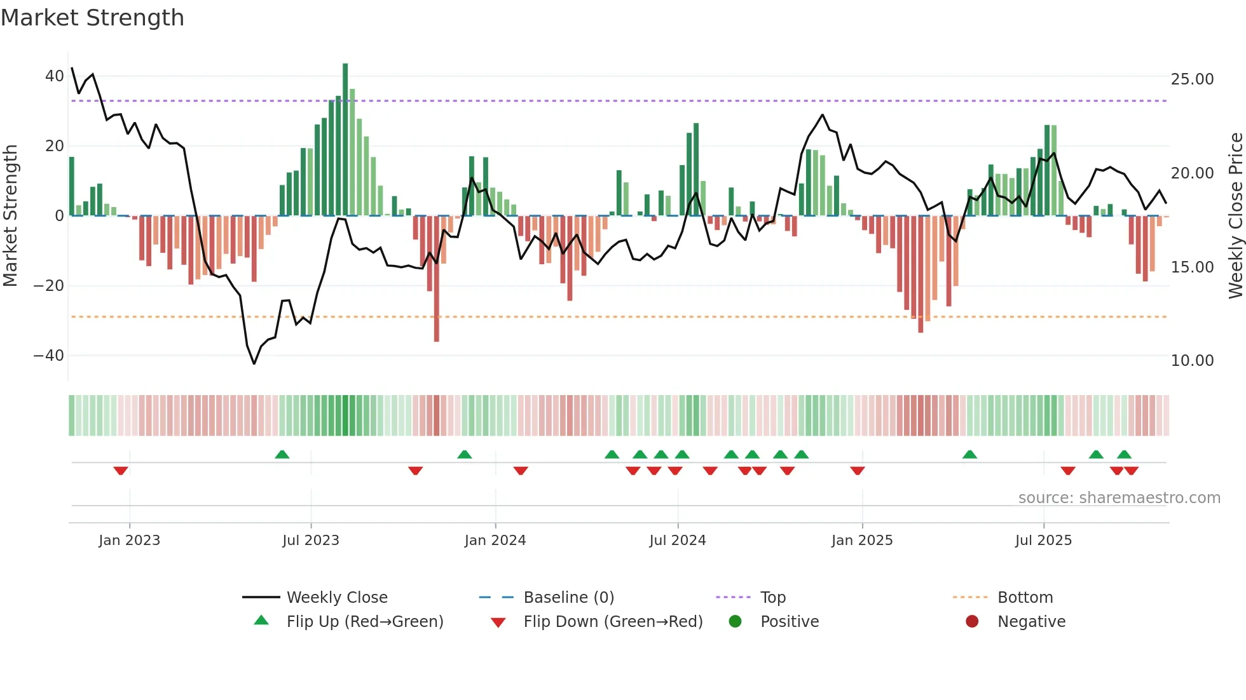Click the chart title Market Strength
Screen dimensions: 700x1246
click(92, 18)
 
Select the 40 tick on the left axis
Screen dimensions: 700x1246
click(55, 76)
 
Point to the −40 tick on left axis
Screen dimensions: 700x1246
click(49, 356)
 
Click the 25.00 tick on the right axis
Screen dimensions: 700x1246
click(1192, 79)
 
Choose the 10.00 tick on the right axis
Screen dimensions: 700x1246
click(1192, 361)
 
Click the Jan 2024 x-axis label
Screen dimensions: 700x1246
click(495, 541)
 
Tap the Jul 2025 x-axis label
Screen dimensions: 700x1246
click(1043, 541)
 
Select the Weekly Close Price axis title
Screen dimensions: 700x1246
click(1235, 216)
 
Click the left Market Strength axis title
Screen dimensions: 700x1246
click(11, 216)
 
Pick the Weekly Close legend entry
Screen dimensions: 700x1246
click(336, 598)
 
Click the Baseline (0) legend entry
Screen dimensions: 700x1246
click(568, 598)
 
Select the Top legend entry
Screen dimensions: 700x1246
click(772, 598)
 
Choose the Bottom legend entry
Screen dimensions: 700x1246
click(1025, 598)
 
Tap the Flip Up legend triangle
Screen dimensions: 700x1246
click(261, 621)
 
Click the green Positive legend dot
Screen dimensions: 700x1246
click(735, 621)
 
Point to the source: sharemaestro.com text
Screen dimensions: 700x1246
click(1119, 498)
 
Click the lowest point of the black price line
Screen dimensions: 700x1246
click(254, 363)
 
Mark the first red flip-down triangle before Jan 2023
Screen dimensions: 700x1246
click(121, 471)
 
